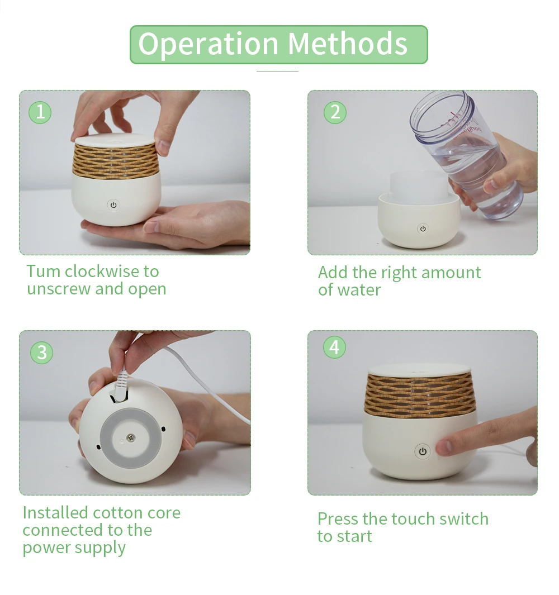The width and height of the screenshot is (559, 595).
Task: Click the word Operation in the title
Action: pyautogui.click(x=209, y=45)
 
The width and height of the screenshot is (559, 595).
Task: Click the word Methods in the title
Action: pyautogui.click(x=348, y=44)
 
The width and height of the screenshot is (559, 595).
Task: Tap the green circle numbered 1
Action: pyautogui.click(x=40, y=112)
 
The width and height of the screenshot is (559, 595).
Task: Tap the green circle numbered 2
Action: pyautogui.click(x=335, y=112)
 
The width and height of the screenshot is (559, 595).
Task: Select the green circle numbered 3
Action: pyautogui.click(x=42, y=353)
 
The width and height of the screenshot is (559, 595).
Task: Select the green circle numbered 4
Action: pyautogui.click(x=335, y=347)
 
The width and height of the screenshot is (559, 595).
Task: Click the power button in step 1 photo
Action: pyautogui.click(x=113, y=205)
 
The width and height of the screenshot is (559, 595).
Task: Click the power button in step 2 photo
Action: pyautogui.click(x=423, y=229)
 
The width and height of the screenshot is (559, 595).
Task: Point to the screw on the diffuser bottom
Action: pyautogui.click(x=131, y=437)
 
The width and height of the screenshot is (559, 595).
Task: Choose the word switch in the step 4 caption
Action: pyautogui.click(x=463, y=518)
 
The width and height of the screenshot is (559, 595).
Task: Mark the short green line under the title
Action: pyautogui.click(x=277, y=71)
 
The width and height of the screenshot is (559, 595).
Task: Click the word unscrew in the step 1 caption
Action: pyautogui.click(x=59, y=289)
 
